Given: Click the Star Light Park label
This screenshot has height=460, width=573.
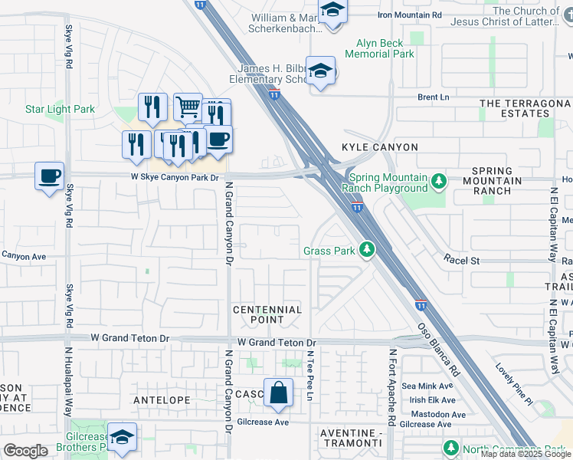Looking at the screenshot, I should tap(60, 109).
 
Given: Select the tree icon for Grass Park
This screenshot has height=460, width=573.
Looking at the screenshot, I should tap(368, 249).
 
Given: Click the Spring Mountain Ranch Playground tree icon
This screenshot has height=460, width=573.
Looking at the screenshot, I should tap(438, 182).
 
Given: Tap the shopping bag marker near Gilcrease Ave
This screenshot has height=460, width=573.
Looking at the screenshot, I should tap(279, 393).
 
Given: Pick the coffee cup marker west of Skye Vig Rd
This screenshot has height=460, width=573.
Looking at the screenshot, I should tap(50, 176).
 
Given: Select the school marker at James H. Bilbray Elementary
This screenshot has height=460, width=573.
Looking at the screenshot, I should tap(320, 71).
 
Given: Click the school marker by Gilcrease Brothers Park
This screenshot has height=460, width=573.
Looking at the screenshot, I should tap(121, 437).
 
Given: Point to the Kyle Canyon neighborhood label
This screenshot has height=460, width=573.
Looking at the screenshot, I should tap(380, 147).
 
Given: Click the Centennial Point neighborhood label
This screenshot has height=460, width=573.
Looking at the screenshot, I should tap(267, 314).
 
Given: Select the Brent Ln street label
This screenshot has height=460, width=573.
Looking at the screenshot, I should tap(433, 97).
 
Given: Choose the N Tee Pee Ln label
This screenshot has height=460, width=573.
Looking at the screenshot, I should tap(310, 376).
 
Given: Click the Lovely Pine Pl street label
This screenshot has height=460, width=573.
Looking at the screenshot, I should tap(513, 383).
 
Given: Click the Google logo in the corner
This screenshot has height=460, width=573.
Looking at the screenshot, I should tap(25, 451).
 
